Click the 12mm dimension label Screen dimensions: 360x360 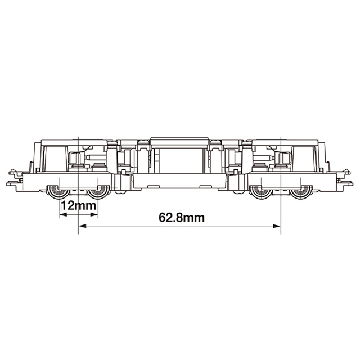[78, 206]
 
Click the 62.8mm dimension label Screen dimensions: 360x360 [182, 218]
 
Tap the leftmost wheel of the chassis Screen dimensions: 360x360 [58, 192]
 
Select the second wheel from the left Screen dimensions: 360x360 [99, 192]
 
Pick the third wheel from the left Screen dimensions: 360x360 [261, 192]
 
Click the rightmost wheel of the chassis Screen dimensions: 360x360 [301, 192]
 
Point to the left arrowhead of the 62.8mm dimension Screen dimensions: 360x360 [83, 226]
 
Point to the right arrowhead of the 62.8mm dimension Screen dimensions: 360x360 [277, 226]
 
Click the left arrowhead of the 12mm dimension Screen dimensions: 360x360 [63, 215]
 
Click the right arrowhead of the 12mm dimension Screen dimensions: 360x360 [94, 215]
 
